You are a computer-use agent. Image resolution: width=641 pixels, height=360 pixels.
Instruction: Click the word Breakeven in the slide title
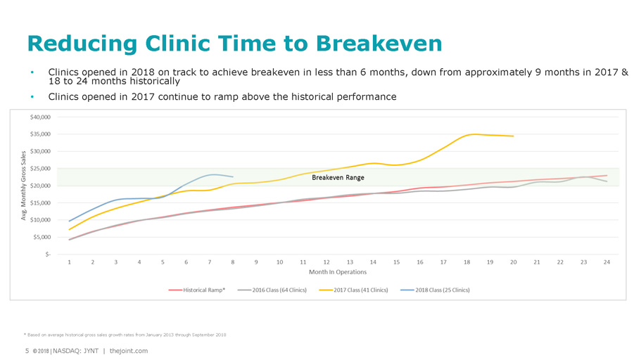point(379,44)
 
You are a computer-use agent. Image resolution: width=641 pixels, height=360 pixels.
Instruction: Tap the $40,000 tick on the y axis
point(39,117)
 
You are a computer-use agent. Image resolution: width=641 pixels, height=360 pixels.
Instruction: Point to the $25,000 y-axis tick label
point(39,168)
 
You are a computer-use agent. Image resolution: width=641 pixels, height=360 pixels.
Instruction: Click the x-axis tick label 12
point(326,262)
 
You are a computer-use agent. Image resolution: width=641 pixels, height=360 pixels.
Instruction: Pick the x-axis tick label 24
point(607,262)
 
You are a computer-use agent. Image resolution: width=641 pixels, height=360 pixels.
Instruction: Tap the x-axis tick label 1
point(70,262)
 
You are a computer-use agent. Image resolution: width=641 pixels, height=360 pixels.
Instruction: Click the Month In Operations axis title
point(338,272)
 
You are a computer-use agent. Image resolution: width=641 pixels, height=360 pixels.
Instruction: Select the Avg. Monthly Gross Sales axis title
point(23,184)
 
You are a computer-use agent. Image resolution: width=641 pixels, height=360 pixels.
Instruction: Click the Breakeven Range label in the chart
point(338,177)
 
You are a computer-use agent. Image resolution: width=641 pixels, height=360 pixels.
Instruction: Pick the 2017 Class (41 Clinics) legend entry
point(361,290)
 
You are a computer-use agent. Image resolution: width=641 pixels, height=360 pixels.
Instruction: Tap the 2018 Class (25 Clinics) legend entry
point(443,290)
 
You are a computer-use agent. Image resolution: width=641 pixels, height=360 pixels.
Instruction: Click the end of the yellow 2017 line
point(513,136)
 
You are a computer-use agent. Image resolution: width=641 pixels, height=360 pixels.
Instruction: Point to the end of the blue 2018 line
point(233,176)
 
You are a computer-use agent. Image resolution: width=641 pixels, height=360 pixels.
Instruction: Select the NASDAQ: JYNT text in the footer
point(76,351)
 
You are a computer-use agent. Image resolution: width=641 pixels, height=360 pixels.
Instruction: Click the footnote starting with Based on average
point(127,333)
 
